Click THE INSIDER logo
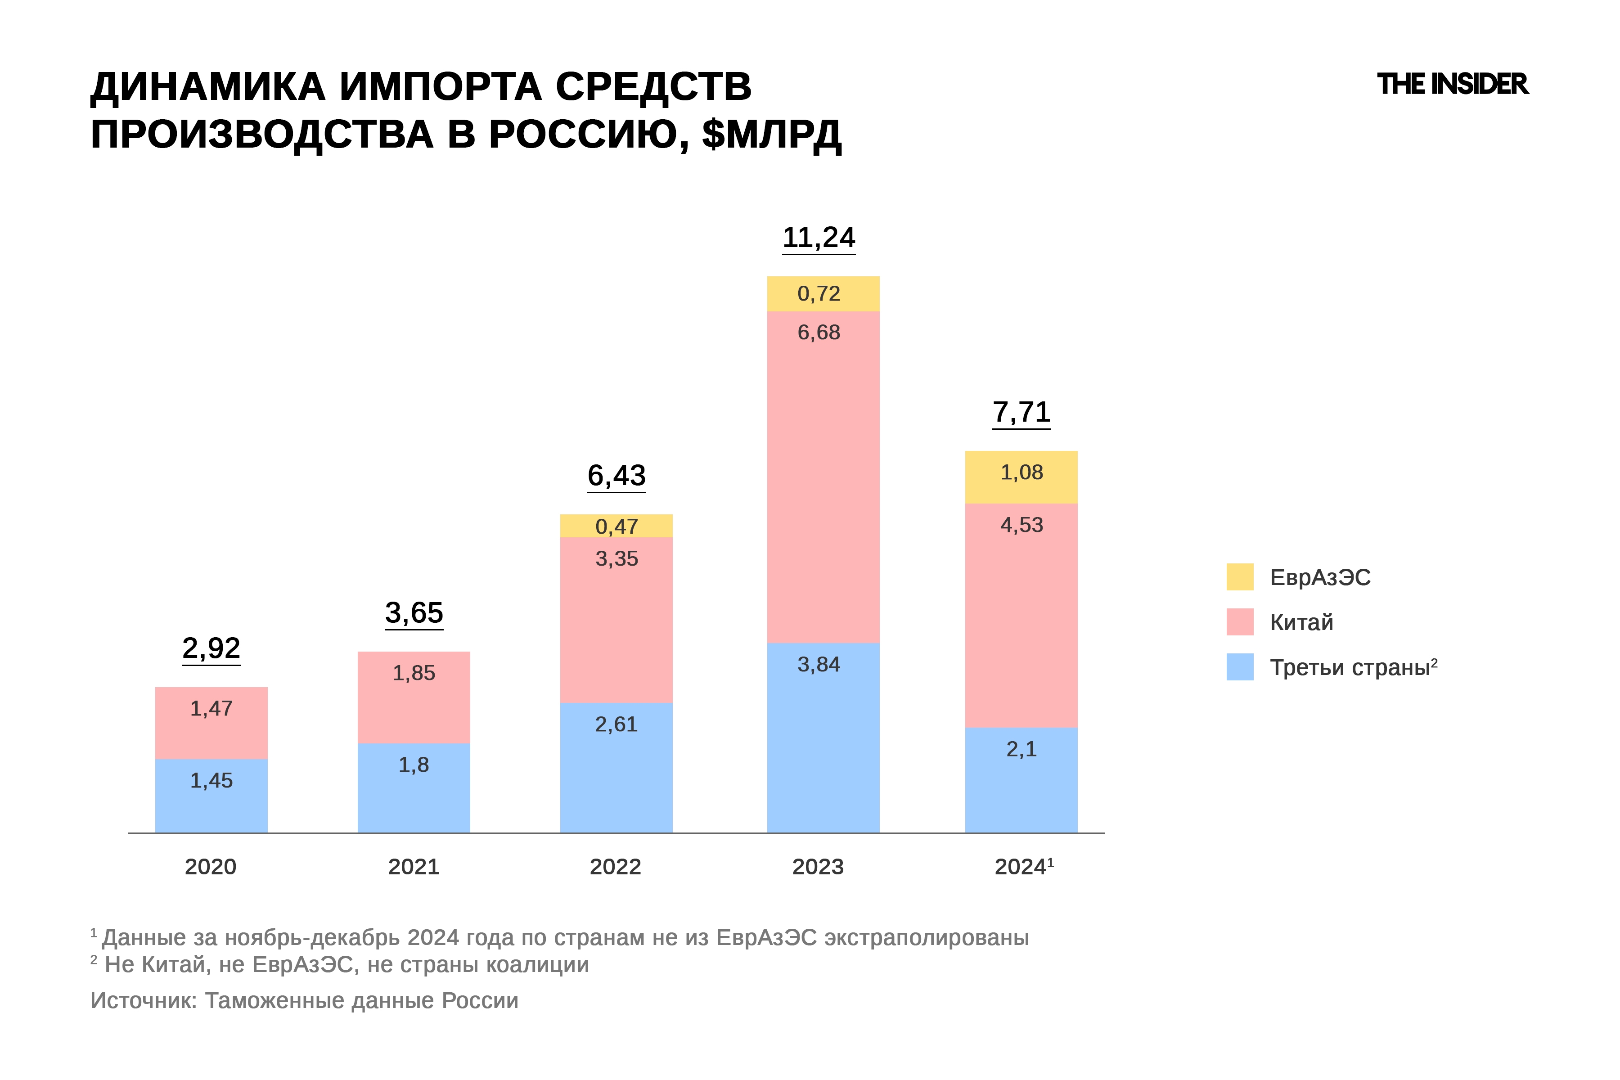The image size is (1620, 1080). tap(1452, 84)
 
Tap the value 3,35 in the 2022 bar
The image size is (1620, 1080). tap(616, 558)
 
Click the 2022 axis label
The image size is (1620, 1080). tap(615, 867)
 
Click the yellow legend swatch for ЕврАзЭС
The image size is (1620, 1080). tap(1239, 577)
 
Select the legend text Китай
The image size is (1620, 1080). tap(1301, 622)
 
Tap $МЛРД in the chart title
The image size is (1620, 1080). tap(771, 134)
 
